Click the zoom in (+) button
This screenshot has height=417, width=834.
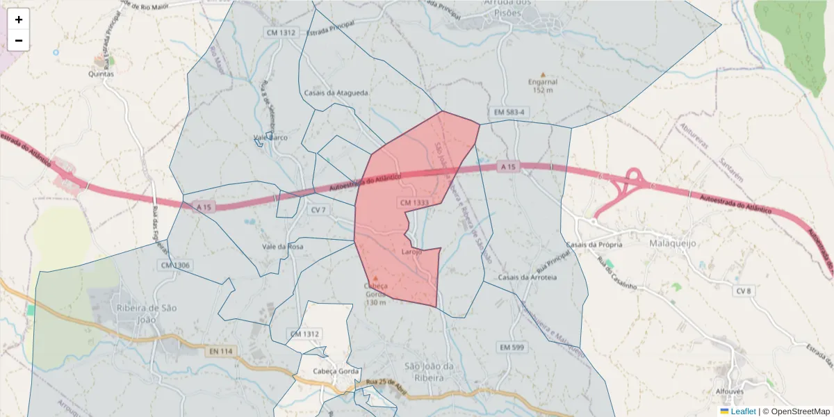(19, 19)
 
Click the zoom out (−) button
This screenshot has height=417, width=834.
(19, 40)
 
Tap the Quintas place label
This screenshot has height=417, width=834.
(101, 73)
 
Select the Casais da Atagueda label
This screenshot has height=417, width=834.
(336, 92)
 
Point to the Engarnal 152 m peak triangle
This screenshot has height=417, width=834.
(543, 74)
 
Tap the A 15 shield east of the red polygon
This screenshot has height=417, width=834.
(508, 167)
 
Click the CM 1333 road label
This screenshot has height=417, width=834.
(414, 202)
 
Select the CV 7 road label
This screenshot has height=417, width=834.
(318, 210)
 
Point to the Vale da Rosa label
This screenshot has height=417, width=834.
(282, 247)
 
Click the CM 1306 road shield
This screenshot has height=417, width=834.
(174, 265)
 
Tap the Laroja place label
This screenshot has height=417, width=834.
(411, 252)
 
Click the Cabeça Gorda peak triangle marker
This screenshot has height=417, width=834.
(376, 278)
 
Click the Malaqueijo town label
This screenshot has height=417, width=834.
(672, 244)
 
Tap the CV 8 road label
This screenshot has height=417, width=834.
(744, 291)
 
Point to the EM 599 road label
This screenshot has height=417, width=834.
(511, 347)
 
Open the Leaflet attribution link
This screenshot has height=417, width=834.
(743, 411)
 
